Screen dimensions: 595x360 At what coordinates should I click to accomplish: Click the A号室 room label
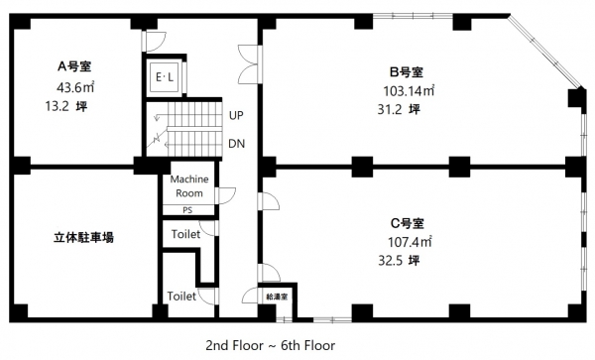tap(74, 66)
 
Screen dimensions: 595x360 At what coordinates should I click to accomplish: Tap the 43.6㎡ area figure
tap(75, 87)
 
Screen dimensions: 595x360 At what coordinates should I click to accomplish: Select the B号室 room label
tap(407, 71)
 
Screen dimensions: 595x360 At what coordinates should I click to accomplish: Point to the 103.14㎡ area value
tap(409, 90)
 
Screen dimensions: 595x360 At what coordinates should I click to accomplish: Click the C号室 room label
tap(408, 223)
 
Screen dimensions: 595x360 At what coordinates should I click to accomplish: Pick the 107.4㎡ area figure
tap(410, 242)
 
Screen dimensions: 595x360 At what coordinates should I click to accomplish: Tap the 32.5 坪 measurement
tap(400, 261)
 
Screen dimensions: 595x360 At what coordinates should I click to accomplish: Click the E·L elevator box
tap(165, 77)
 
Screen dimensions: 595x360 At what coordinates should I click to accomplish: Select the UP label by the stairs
tap(236, 115)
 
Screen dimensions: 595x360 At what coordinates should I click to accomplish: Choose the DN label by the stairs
tap(236, 144)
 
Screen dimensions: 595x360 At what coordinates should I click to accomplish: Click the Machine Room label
tap(189, 185)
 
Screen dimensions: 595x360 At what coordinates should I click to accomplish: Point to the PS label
tap(187, 210)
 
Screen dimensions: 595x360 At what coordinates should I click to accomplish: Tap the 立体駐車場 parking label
tap(83, 238)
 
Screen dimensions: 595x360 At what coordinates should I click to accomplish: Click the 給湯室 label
tap(277, 297)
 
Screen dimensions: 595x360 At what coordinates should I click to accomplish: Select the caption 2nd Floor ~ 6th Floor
tap(271, 345)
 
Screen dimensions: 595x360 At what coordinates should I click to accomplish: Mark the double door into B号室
tap(249, 64)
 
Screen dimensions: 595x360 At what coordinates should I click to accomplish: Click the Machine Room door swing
tap(225, 195)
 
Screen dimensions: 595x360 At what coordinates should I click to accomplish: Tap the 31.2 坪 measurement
tap(399, 110)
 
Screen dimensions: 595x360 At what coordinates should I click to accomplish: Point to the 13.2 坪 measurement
tap(66, 106)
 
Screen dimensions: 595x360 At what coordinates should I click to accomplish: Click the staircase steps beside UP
tap(194, 129)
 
